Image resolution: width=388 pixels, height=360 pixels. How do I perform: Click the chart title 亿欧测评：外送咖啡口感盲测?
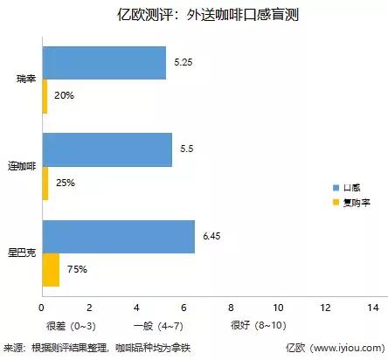tap(193, 15)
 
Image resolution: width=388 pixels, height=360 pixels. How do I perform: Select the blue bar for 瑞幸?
tap(103, 63)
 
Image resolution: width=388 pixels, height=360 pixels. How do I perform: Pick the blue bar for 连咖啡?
tap(107, 149)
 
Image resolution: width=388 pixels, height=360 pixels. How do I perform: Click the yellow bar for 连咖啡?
tap(45, 183)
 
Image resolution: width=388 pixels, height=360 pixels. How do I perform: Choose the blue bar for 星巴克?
tap(118, 236)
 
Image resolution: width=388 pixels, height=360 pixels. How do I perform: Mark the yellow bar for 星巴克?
tap(51, 269)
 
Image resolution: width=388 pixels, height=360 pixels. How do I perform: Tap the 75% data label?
tap(77, 269)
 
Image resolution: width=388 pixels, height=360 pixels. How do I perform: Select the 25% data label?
tap(66, 183)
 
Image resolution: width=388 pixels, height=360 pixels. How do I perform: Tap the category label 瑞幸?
tap(26, 80)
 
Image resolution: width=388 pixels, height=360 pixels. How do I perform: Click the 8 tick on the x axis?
tap(230, 308)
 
